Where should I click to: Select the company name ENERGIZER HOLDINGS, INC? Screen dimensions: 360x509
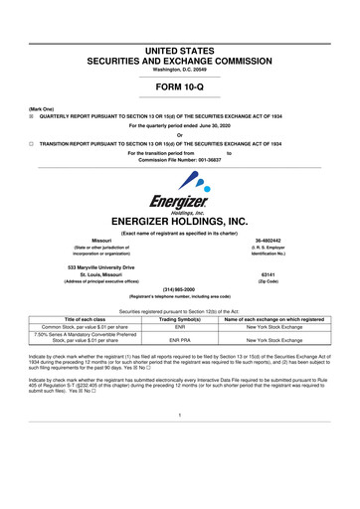[x=180, y=222]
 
